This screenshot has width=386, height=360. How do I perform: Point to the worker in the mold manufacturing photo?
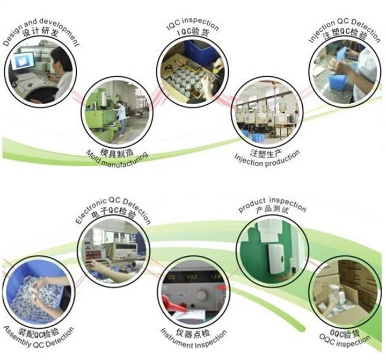click(x=122, y=116)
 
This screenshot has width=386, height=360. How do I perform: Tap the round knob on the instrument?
click(x=202, y=295)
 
